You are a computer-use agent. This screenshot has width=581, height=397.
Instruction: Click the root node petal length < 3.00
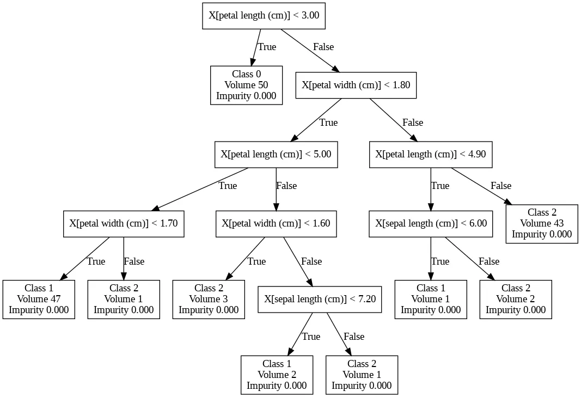(264, 16)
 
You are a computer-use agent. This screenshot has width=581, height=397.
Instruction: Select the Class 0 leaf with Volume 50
(247, 85)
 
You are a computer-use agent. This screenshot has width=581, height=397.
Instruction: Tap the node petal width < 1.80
(356, 85)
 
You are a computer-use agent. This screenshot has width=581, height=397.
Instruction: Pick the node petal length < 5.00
(276, 155)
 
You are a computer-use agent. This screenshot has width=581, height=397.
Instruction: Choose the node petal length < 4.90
(431, 155)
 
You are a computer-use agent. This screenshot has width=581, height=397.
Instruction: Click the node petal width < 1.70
(124, 224)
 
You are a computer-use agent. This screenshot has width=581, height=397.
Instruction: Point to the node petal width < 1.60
(276, 224)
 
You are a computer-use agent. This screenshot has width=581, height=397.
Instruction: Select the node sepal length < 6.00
(431, 224)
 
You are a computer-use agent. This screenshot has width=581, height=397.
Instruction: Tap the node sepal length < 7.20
(320, 300)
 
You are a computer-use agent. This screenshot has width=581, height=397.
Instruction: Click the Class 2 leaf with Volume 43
(542, 224)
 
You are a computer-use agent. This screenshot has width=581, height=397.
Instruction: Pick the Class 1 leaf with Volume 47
(39, 300)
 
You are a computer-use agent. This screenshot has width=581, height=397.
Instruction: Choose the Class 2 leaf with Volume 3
(209, 300)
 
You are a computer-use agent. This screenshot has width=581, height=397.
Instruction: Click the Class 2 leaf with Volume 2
(516, 300)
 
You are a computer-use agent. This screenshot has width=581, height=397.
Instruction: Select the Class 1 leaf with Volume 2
(277, 375)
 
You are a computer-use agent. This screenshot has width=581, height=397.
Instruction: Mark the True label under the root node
(267, 47)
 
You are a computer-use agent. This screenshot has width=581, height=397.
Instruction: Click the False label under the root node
(323, 47)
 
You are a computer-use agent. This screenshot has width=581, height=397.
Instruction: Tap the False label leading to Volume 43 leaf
(501, 186)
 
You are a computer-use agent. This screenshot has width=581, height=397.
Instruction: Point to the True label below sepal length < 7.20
(311, 337)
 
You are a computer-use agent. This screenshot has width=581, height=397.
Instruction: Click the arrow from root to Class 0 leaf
(256, 47)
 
